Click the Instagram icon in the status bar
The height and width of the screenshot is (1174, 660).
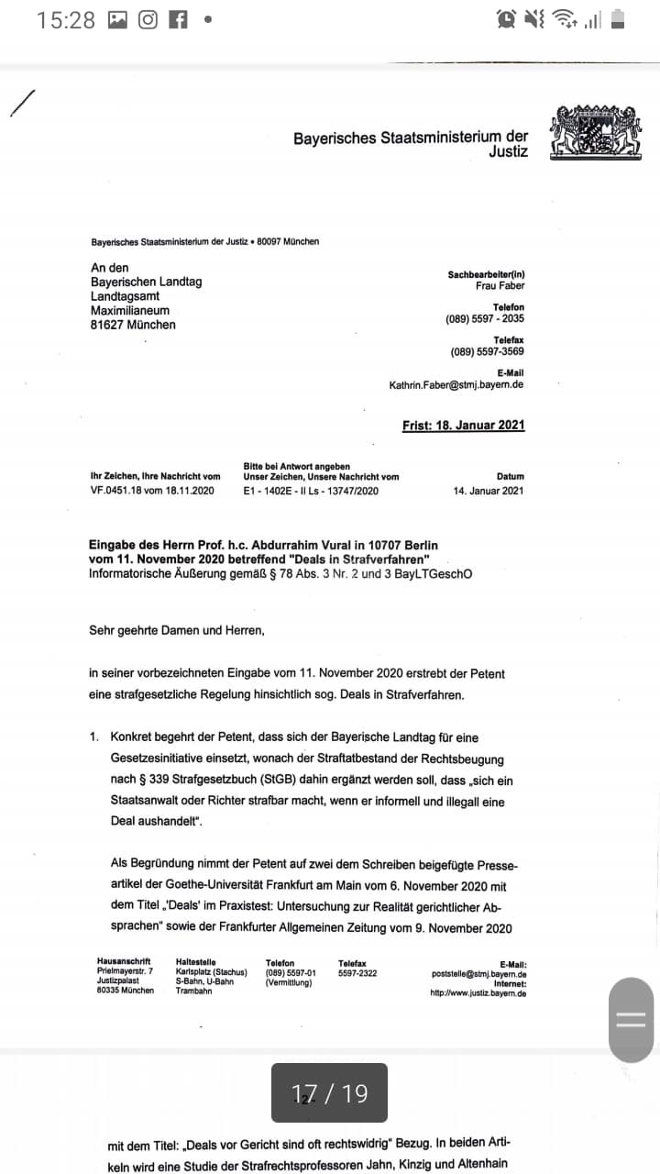coord(148,19)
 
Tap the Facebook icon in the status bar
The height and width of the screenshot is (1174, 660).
coord(178,19)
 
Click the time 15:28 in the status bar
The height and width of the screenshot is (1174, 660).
coord(66,20)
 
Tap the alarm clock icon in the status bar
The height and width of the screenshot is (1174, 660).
coord(505,19)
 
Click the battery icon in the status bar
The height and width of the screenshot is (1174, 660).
coord(618,19)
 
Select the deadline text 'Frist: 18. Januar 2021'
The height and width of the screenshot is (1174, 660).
coord(463,426)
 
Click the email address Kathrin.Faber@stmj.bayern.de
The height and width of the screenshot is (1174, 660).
coord(456,385)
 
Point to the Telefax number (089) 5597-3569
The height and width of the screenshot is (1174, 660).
coord(487,352)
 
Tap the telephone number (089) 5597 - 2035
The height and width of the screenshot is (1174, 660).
coord(485,319)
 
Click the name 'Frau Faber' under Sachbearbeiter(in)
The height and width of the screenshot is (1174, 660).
coord(500,286)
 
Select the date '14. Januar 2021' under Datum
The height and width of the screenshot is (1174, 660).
coord(489,491)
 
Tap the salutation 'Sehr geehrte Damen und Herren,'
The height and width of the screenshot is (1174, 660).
coord(176,630)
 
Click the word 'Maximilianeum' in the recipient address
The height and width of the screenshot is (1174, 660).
coord(129,311)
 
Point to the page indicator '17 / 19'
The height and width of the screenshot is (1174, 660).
coord(329,1093)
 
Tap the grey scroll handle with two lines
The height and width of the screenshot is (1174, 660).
coord(632,1020)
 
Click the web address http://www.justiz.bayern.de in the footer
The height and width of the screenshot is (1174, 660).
coord(478,993)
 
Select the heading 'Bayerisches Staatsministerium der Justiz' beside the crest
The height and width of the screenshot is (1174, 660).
coord(411,145)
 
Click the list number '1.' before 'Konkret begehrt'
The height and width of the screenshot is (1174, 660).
coord(94,737)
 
